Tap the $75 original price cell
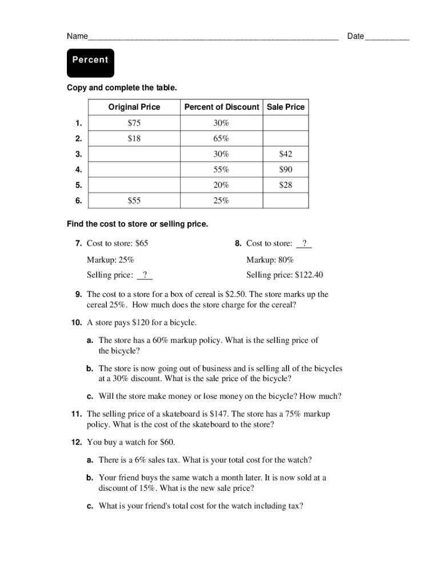(134, 123)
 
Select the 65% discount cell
(221, 138)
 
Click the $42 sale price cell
(286, 154)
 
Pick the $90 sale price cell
(286, 169)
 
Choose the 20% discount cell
(221, 185)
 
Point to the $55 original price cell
(134, 200)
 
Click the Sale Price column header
(286, 107)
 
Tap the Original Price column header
(134, 107)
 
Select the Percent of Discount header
(221, 107)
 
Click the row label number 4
(78, 169)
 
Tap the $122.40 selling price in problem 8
(309, 275)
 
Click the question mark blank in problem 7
(145, 275)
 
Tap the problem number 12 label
(77, 442)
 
